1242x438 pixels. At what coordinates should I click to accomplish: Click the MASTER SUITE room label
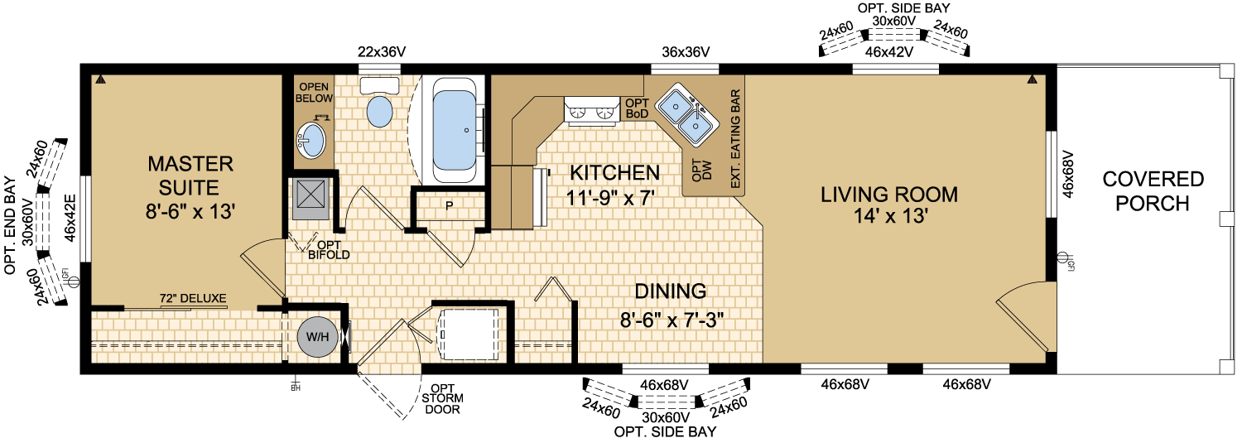click(190, 176)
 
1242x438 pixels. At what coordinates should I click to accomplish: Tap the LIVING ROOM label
click(889, 195)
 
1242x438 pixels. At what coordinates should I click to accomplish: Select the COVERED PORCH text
click(1153, 191)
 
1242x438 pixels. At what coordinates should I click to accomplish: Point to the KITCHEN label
click(615, 173)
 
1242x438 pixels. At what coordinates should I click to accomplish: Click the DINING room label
click(671, 291)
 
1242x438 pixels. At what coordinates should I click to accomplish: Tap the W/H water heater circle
click(317, 336)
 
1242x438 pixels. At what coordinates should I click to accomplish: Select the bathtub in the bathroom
click(455, 130)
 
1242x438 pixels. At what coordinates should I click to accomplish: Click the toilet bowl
click(380, 112)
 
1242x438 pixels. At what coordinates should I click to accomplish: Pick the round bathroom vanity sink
click(310, 140)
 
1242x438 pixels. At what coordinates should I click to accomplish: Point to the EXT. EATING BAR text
click(736, 139)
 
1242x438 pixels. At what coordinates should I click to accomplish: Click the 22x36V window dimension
click(382, 52)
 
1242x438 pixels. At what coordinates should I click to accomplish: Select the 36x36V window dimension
click(686, 52)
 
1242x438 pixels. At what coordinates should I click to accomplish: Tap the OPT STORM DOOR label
click(442, 399)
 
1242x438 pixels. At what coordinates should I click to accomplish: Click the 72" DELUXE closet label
click(193, 298)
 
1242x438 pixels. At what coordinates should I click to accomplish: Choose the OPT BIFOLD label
click(330, 250)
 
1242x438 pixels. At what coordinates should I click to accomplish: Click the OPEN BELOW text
click(314, 93)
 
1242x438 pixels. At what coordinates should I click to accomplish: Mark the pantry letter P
click(449, 206)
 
